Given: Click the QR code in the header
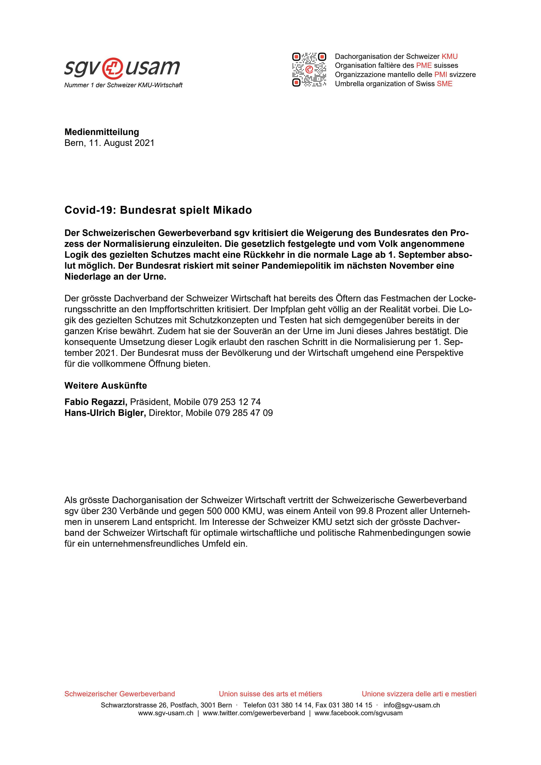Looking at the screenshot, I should (309, 70).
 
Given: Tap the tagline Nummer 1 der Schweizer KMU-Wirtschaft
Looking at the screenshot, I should (123, 85).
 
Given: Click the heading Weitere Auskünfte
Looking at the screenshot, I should (106, 386).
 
